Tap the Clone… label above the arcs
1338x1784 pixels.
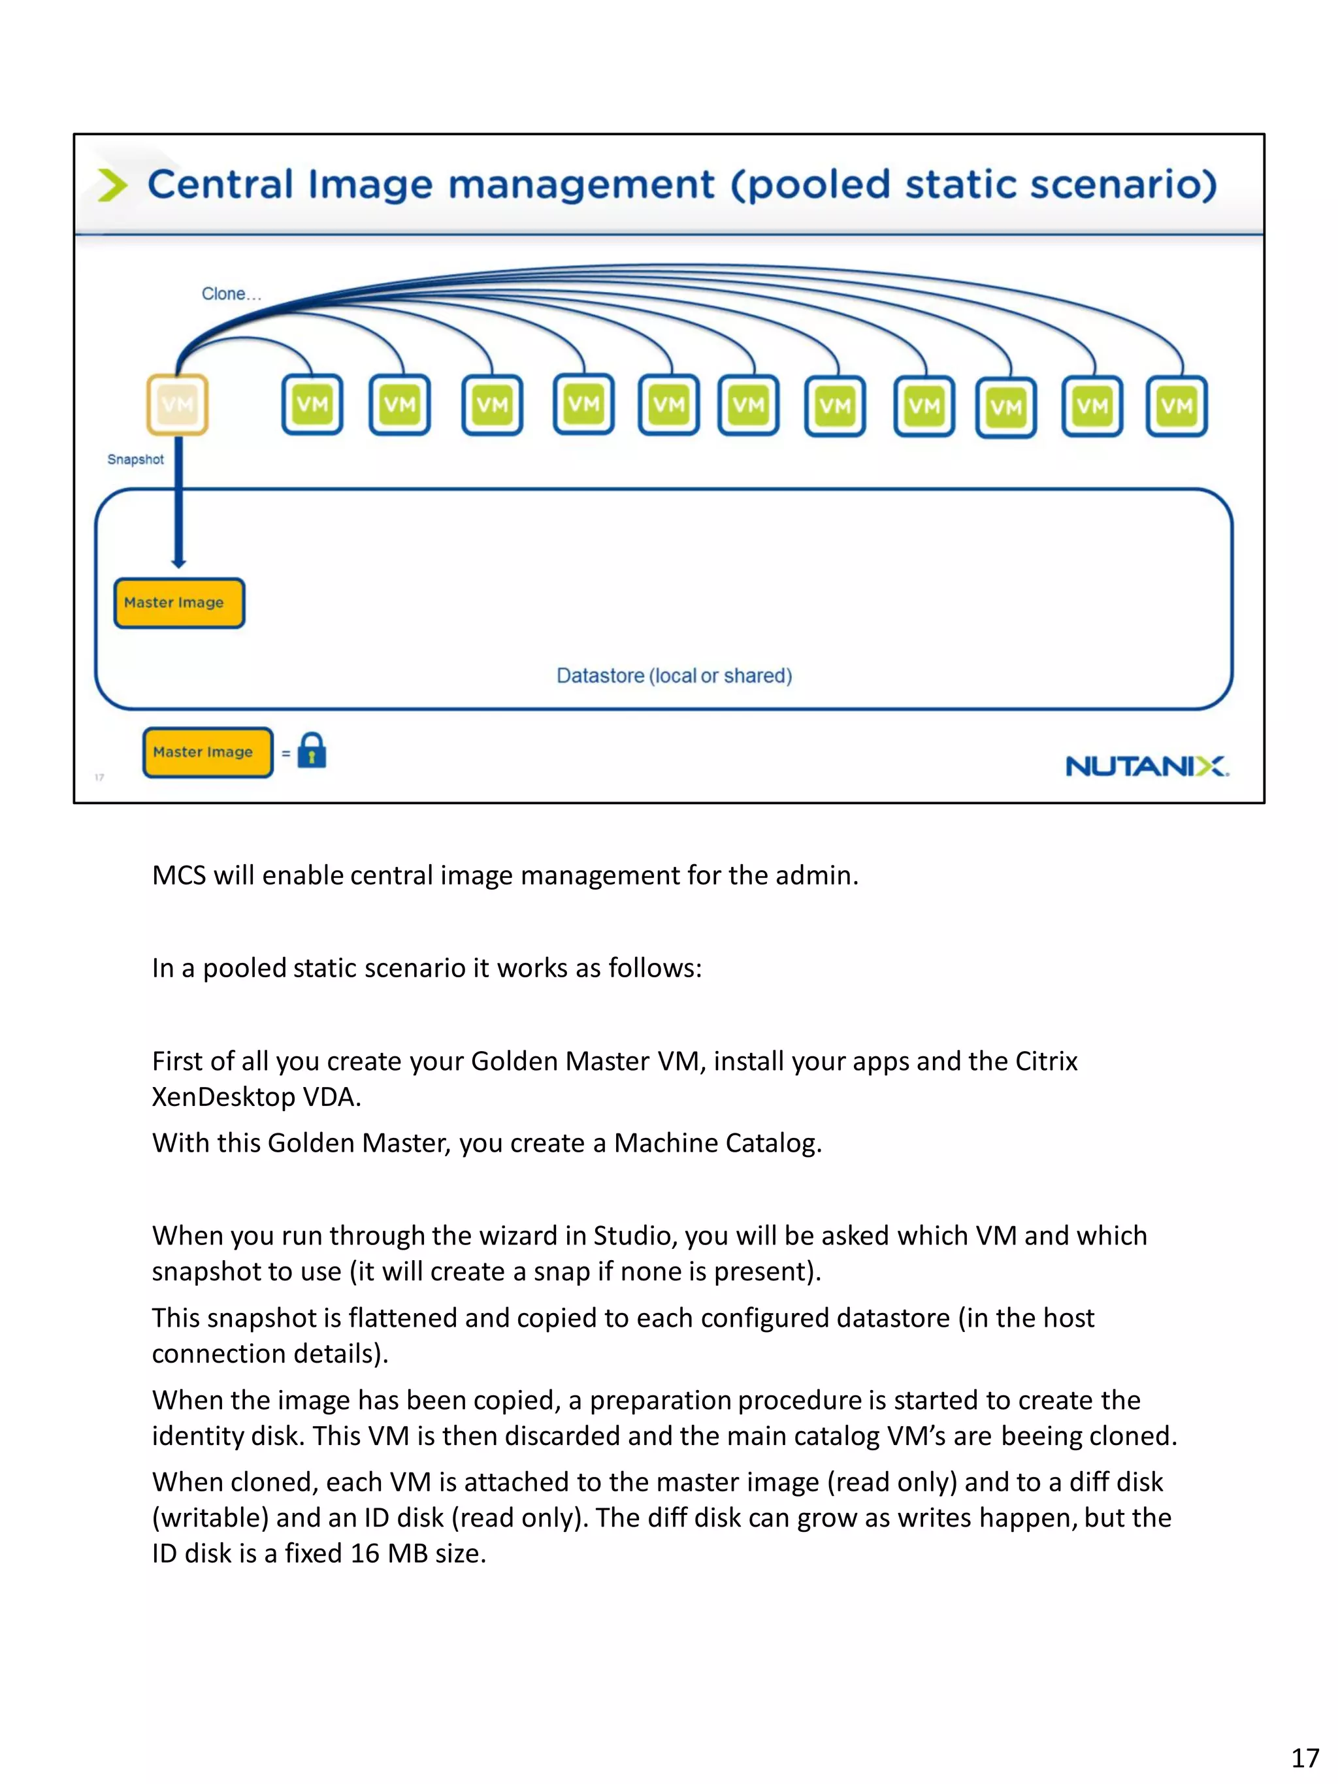(x=231, y=293)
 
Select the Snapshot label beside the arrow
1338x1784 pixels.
(x=135, y=459)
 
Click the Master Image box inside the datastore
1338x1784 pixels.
(x=179, y=602)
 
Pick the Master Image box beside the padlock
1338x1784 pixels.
(x=207, y=752)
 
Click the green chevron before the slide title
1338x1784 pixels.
(x=112, y=185)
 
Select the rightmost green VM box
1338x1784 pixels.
(x=1176, y=406)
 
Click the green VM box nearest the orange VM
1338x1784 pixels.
(x=312, y=404)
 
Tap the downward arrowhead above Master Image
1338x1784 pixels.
(x=178, y=562)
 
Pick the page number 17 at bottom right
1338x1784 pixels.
(x=1304, y=1757)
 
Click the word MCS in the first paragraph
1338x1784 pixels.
(x=179, y=875)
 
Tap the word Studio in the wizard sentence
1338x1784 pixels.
(x=632, y=1235)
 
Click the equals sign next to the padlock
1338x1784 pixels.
(x=286, y=753)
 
